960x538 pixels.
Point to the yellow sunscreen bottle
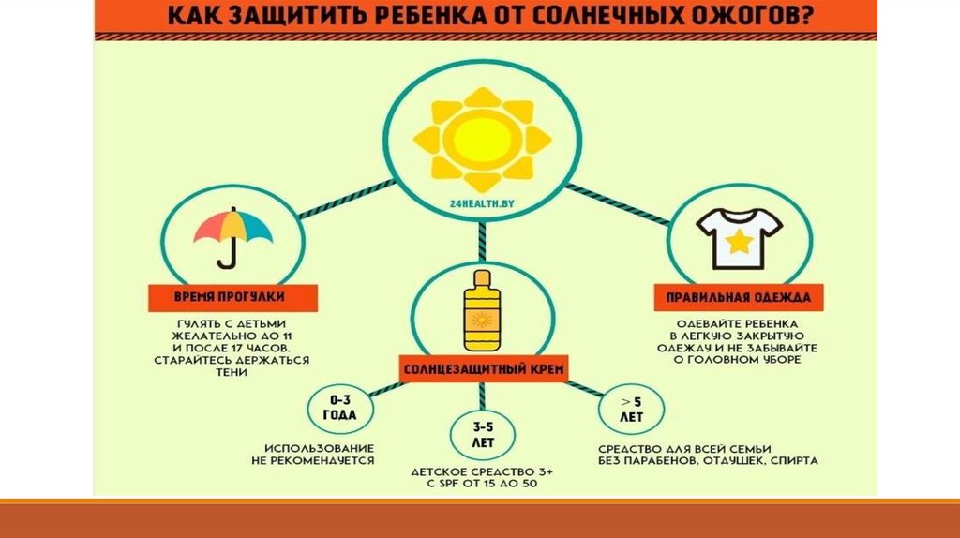click(484, 313)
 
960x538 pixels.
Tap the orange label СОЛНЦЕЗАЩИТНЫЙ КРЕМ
click(484, 368)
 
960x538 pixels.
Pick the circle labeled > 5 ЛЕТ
click(629, 408)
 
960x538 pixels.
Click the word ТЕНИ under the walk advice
click(230, 372)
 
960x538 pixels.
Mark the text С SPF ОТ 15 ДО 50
click(484, 485)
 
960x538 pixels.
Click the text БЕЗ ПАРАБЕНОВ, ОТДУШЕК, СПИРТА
click(709, 460)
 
